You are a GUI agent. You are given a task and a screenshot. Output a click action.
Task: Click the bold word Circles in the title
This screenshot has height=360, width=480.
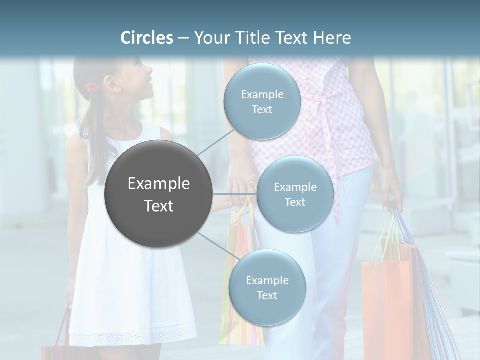tap(146, 38)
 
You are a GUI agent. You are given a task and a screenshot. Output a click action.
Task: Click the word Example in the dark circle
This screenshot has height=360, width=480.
tap(158, 184)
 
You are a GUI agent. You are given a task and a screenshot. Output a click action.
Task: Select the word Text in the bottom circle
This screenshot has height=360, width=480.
tap(267, 295)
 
